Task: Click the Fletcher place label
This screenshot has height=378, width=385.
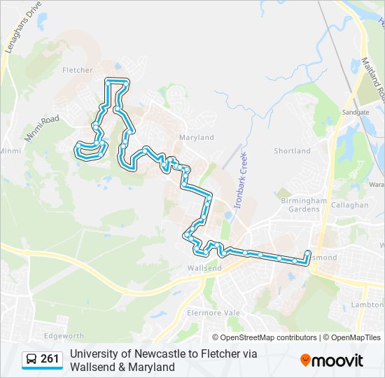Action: (x=77, y=70)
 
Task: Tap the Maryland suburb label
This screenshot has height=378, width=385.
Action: (x=196, y=138)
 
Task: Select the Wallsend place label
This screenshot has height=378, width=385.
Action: (x=204, y=268)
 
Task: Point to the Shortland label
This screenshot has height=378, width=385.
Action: (x=292, y=151)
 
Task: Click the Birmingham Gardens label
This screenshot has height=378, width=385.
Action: (x=304, y=204)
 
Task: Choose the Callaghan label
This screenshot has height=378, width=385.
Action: (x=351, y=205)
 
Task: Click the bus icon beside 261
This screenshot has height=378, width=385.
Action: (x=31, y=360)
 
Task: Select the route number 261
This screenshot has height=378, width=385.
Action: (x=50, y=360)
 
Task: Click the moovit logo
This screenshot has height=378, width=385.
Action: (x=332, y=360)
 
